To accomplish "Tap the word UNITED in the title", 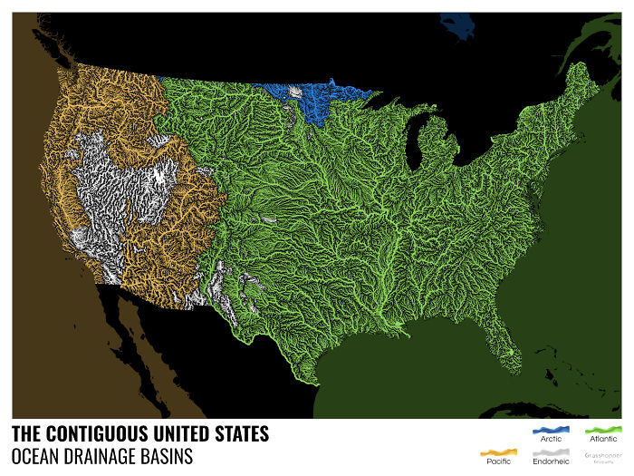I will pos(187,434).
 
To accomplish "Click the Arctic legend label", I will pos(551,439).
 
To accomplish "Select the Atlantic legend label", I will pos(602,439).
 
